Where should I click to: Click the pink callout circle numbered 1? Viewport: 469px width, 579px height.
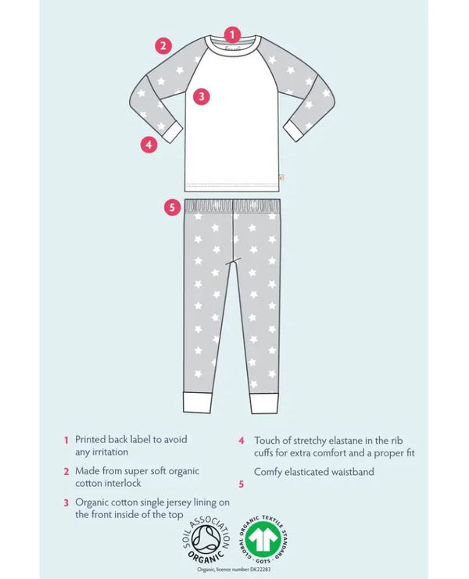(x=231, y=34)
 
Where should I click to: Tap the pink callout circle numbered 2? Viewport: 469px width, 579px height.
(x=163, y=45)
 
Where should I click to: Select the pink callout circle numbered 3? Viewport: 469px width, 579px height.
(x=202, y=96)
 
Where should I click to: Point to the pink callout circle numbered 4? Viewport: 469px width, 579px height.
(x=149, y=144)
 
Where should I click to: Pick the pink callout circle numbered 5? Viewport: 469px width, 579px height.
(x=173, y=208)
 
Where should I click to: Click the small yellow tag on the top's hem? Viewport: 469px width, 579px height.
(x=281, y=177)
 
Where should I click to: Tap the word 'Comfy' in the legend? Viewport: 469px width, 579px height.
(x=269, y=471)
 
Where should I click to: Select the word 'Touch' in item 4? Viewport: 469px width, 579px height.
(x=268, y=440)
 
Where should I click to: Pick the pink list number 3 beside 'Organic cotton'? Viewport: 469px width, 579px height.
(x=66, y=502)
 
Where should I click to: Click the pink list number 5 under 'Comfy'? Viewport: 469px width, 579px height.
(x=242, y=484)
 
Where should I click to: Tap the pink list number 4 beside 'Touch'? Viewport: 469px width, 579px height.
(x=242, y=440)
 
